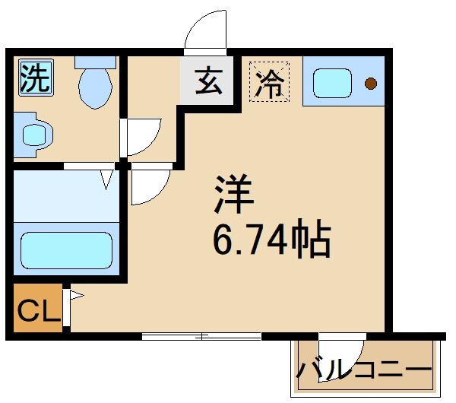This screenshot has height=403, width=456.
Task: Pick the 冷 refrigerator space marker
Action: [x=268, y=81]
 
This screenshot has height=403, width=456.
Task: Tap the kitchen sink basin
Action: [x=331, y=81]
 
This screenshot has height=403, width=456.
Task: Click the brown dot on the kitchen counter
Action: [x=371, y=82]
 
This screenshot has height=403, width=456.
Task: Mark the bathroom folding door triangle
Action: [x=107, y=180]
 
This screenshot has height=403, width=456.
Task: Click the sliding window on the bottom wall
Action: [x=201, y=335]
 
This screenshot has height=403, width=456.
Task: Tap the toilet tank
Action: [x=95, y=61]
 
